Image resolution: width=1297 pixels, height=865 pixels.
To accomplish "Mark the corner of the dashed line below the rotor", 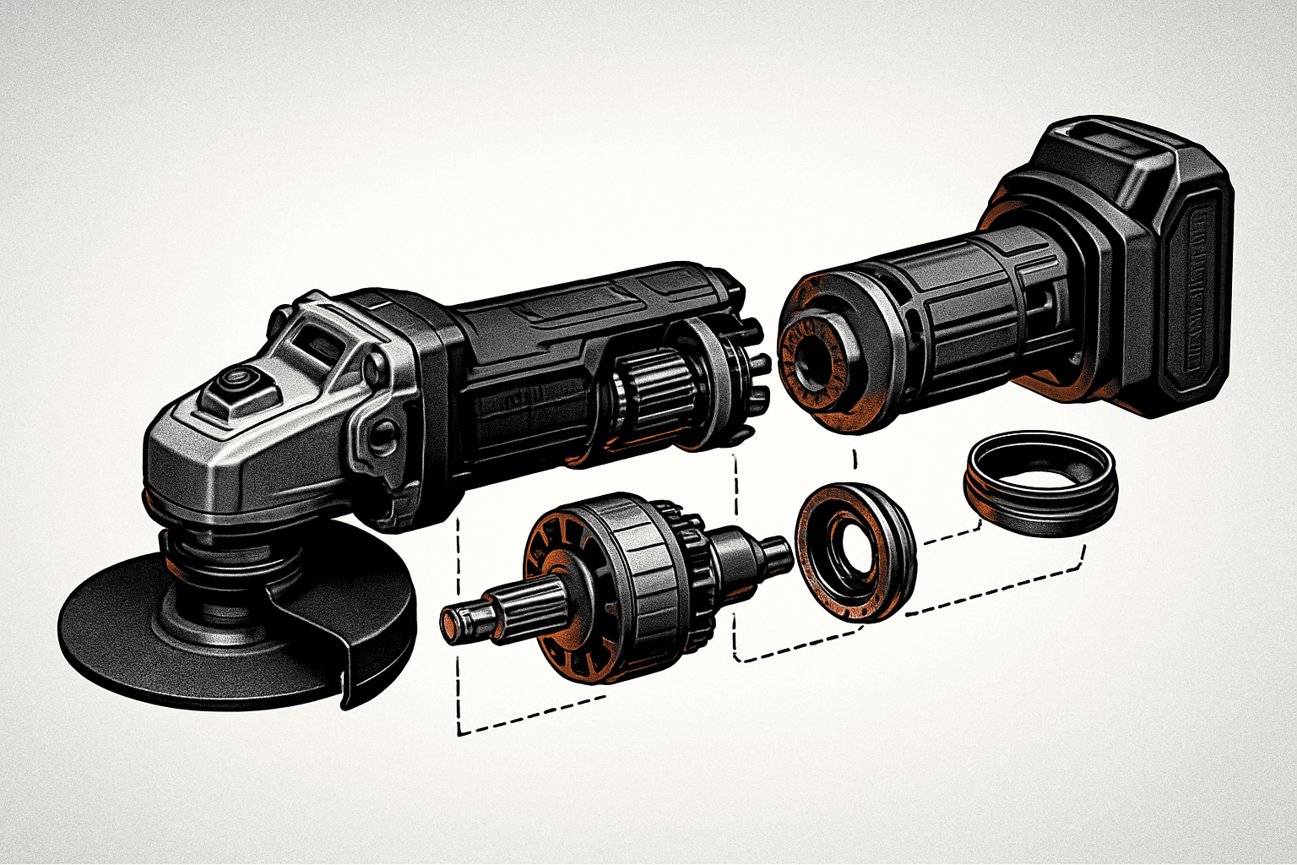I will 459,732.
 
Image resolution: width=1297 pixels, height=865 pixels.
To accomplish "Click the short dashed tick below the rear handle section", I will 855,459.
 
